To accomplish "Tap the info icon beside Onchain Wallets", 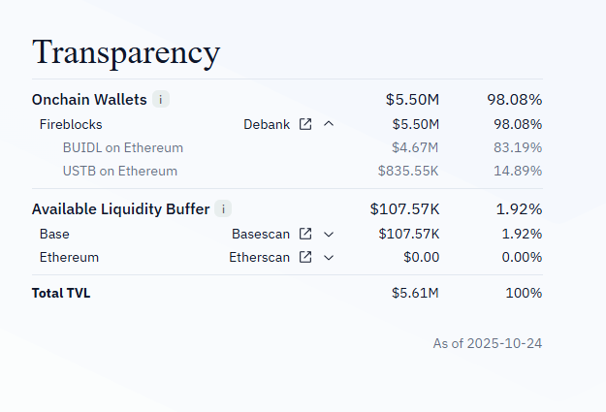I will click(161, 99).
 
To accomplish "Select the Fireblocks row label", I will click(71, 124).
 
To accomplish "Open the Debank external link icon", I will click(305, 124).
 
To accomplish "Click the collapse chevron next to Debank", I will click(329, 124).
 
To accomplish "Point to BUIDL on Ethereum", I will click(122, 147).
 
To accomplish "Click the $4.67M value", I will click(415, 147).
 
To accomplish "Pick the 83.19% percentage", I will click(515, 147).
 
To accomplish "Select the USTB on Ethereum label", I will click(119, 171).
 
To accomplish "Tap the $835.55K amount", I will click(408, 171).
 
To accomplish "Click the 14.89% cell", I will click(515, 171).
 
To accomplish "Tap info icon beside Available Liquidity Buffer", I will click(223, 208).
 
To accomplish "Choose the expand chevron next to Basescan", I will click(329, 234).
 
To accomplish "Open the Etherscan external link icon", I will click(305, 257).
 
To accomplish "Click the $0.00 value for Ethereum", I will click(421, 257).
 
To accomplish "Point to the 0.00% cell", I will click(518, 257).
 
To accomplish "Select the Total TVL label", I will click(61, 293).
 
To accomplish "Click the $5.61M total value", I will click(415, 293).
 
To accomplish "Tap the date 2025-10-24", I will click(504, 344).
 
